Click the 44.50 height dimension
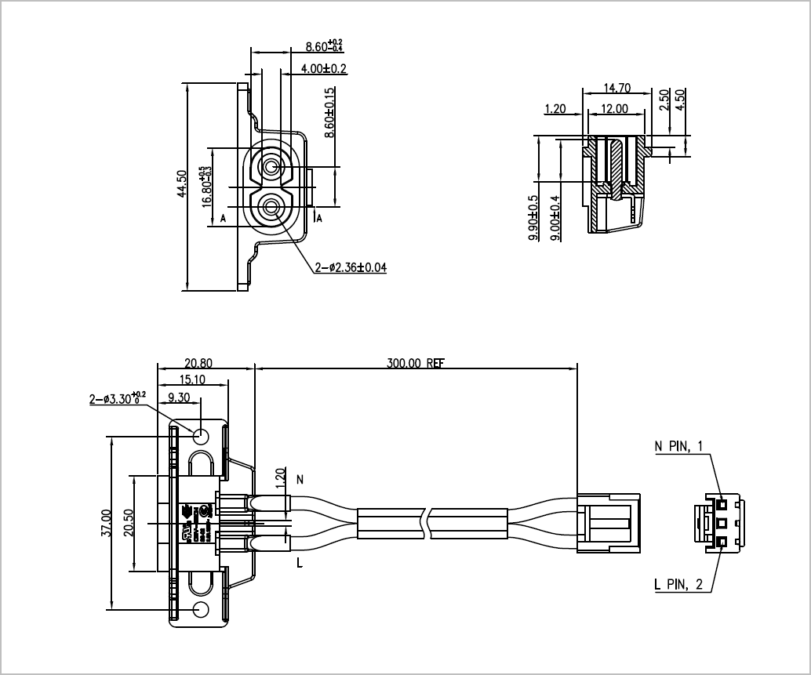point(181,185)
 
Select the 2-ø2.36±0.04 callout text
point(350,268)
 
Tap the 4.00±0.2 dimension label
point(324,68)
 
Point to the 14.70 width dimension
point(617,89)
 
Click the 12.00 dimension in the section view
point(614,109)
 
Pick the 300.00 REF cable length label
point(416,364)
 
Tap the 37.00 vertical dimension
point(107,523)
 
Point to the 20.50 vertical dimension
point(129,523)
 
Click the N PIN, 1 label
point(678,447)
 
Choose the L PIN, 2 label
point(678,584)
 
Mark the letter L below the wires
point(299,562)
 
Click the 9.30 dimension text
point(178,397)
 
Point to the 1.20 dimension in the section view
point(555,109)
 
